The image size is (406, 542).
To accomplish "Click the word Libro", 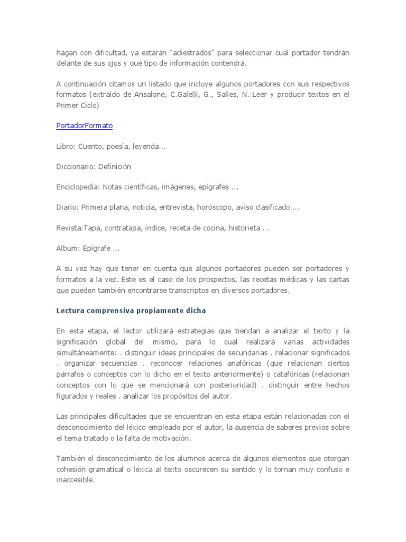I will click(64, 146).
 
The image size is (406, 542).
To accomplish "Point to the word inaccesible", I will click(75, 480).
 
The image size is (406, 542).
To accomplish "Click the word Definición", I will click(114, 167).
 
